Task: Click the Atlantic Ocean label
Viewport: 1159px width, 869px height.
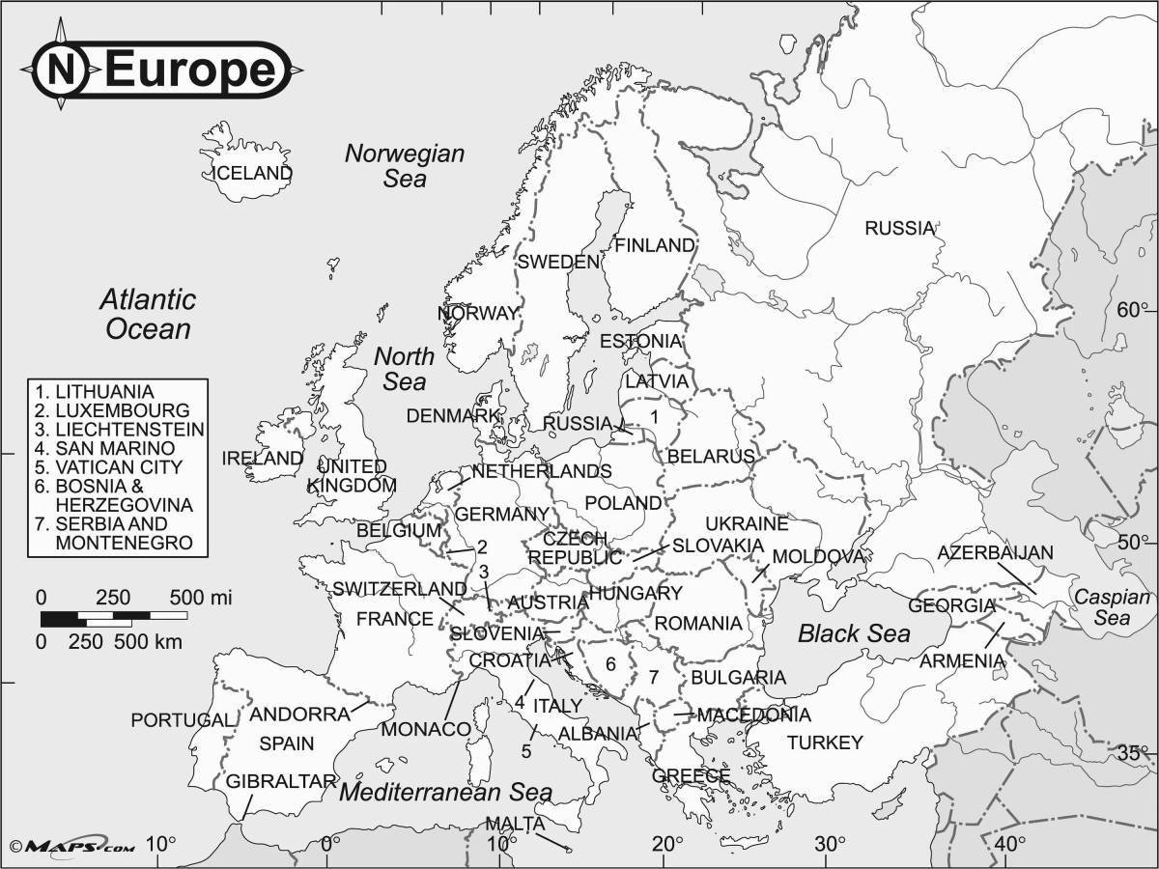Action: pos(148,314)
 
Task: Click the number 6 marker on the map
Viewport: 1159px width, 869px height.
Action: pos(610,664)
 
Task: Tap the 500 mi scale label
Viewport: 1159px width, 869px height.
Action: pos(200,598)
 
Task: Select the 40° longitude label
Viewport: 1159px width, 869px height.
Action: pos(1010,843)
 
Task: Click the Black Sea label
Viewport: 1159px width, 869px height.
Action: pos(854,634)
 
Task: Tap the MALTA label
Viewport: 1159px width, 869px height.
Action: pos(514,824)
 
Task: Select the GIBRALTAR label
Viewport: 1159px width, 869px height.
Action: pos(281,781)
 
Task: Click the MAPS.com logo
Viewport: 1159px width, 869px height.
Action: pos(68,847)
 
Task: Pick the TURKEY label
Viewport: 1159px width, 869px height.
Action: pos(824,743)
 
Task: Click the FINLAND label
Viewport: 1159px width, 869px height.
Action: pos(655,245)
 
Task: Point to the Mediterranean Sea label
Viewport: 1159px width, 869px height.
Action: pos(445,793)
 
